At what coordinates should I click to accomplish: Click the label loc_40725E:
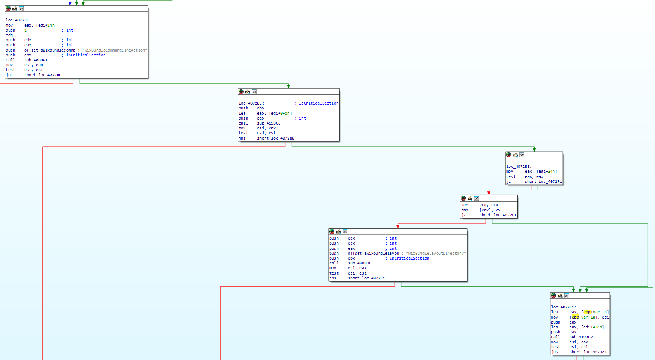click(18, 20)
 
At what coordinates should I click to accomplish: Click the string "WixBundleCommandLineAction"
click(114, 50)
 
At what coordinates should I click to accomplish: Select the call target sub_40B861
click(36, 60)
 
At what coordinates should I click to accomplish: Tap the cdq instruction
click(9, 35)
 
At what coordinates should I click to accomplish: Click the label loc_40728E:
click(251, 103)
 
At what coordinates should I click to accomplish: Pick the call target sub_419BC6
click(268, 123)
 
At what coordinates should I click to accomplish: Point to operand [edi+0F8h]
click(280, 113)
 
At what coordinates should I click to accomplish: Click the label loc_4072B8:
click(519, 167)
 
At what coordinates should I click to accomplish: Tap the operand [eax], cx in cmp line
click(490, 210)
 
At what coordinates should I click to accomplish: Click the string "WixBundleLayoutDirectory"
click(436, 254)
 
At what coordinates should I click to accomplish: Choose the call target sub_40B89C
click(359, 263)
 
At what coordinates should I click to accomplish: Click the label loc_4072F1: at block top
click(564, 307)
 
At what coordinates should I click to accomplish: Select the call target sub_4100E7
click(581, 337)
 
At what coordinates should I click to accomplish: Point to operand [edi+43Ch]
click(593, 327)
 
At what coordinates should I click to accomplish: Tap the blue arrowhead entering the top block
click(70, 3)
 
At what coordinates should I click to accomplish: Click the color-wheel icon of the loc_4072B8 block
click(509, 155)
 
